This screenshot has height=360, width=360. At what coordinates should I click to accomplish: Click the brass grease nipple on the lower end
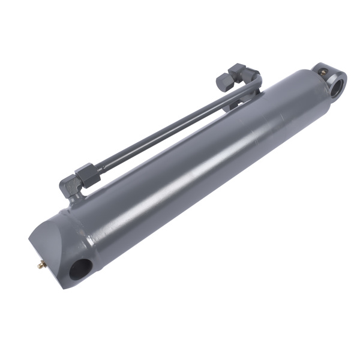(41, 264)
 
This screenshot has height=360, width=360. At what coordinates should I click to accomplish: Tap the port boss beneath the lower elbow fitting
(75, 201)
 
